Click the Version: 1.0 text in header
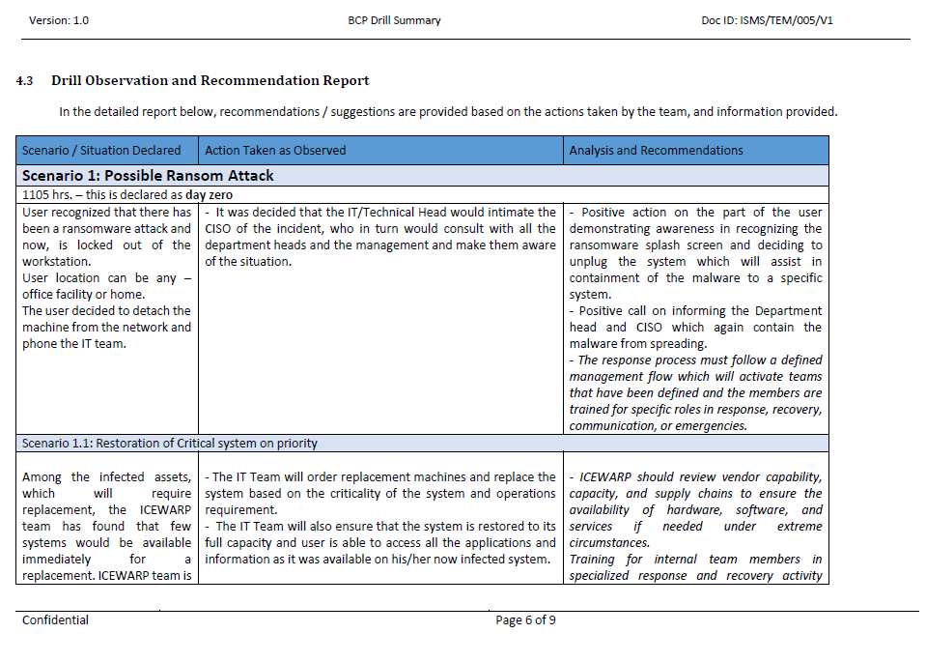coord(59,20)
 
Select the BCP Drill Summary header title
coord(394,20)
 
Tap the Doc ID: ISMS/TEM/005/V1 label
coord(767,20)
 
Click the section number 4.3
coord(25,80)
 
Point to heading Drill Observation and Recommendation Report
coord(210,80)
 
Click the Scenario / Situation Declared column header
coord(101,150)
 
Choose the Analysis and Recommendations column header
coord(656,150)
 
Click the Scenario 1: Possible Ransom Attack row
coord(148,176)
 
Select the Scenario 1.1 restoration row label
coord(169,444)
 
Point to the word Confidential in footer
coord(55,620)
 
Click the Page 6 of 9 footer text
coord(525,620)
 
